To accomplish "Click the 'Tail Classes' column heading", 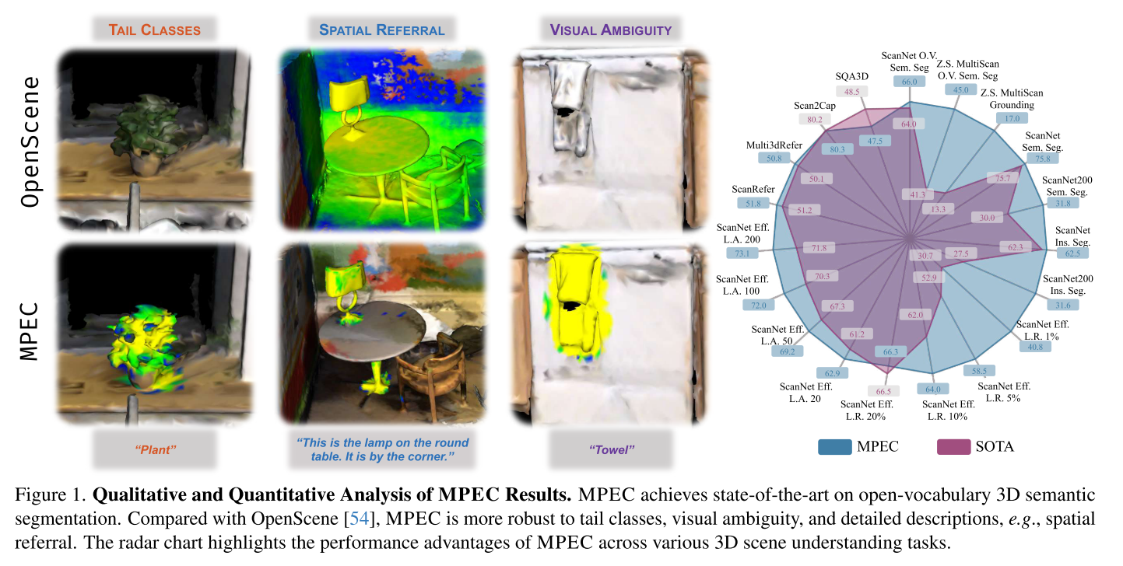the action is pyautogui.click(x=154, y=30).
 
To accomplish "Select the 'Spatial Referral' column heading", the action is pyautogui.click(x=381, y=30).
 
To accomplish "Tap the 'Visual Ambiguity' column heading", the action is pyautogui.click(x=610, y=30).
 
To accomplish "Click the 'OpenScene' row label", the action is pyautogui.click(x=30, y=140).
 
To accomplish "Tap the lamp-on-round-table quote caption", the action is pyautogui.click(x=382, y=449).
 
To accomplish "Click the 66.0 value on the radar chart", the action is pyautogui.click(x=910, y=82).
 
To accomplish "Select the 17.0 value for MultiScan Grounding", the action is pyautogui.click(x=1012, y=119).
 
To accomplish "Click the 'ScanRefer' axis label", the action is pyautogui.click(x=752, y=189).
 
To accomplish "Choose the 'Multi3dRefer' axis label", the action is pyautogui.click(x=774, y=145).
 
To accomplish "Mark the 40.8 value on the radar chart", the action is pyautogui.click(x=1034, y=346).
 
